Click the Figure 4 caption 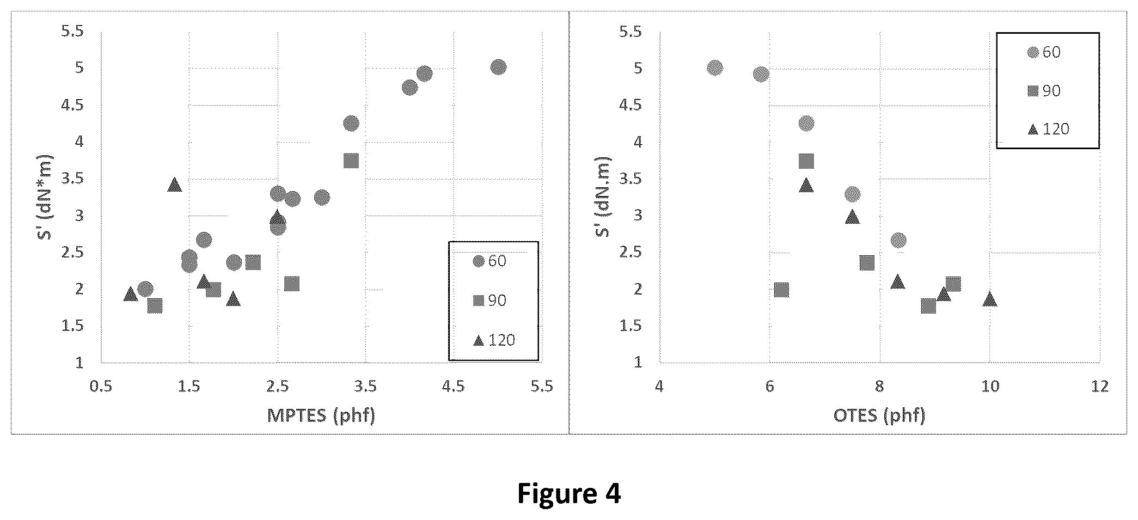click(568, 493)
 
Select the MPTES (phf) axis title click(321, 415)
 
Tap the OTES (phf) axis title click(879, 415)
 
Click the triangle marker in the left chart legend click(479, 340)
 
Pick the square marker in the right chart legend click(1033, 91)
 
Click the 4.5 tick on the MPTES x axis click(453, 387)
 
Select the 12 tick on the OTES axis click(1100, 387)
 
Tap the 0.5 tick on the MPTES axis click(101, 387)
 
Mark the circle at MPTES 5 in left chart click(498, 67)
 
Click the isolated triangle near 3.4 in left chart click(175, 185)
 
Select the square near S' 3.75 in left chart click(351, 161)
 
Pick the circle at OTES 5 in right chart click(715, 68)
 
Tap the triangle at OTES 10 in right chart click(990, 299)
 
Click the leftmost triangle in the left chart click(130, 294)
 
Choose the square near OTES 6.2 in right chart click(781, 290)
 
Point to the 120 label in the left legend click(501, 340)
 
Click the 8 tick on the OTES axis click(879, 387)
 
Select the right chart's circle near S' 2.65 click(898, 240)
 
